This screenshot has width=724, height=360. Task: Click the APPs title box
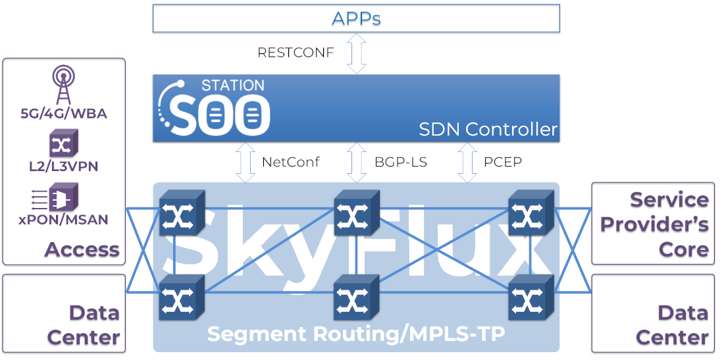(356, 18)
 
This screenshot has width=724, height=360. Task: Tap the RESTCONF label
(295, 53)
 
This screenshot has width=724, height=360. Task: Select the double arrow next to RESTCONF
(356, 53)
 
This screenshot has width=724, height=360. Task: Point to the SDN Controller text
(488, 130)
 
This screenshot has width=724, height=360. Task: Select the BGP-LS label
(400, 162)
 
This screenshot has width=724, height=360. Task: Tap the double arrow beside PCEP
(467, 162)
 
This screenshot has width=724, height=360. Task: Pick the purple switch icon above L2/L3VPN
(63, 143)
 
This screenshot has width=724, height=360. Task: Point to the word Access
(82, 249)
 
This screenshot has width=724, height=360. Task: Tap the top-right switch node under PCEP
(530, 213)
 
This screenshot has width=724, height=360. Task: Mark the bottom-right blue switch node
(530, 297)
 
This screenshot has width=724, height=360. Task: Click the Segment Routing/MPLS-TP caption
(356, 334)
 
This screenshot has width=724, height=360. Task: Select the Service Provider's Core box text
(655, 224)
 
